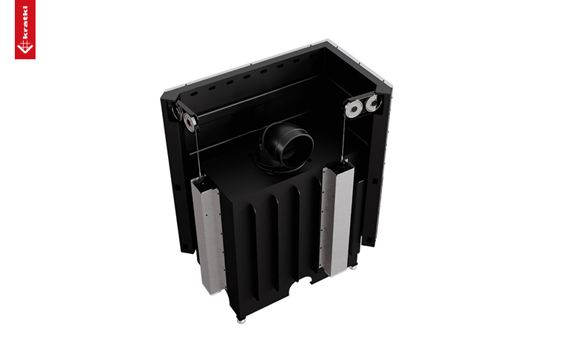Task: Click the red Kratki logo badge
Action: (x=25, y=29)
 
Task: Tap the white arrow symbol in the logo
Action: (x=24, y=47)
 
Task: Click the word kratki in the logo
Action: (x=25, y=21)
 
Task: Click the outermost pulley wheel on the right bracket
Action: (x=373, y=103)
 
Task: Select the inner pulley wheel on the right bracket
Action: (x=353, y=108)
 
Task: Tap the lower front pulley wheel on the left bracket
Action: (x=190, y=121)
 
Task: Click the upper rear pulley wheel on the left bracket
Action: (x=176, y=111)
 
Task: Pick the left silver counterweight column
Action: (x=208, y=236)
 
